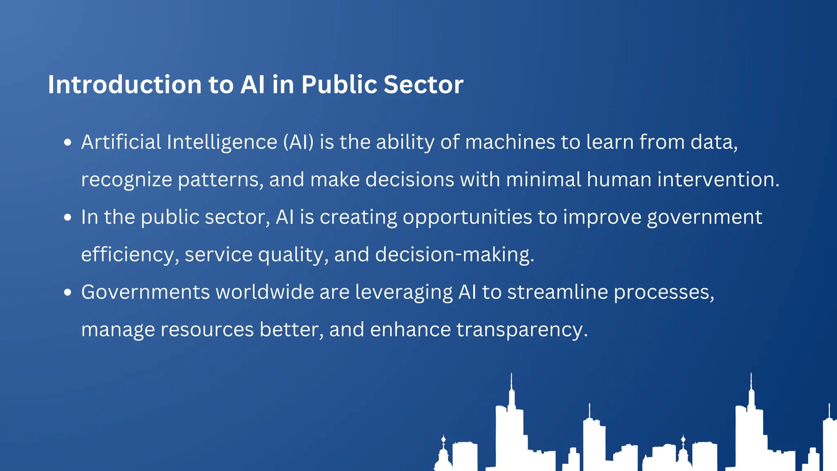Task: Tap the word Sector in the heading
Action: (x=423, y=85)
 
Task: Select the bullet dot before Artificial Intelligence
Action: (x=68, y=143)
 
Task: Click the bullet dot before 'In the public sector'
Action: (x=68, y=218)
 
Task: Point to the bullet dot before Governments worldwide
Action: (x=68, y=293)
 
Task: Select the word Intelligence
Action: (x=222, y=142)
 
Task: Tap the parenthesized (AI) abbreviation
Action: (x=298, y=142)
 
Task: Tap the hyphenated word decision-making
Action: (x=454, y=255)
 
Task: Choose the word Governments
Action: (x=145, y=293)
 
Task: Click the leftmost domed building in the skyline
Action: (x=443, y=456)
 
